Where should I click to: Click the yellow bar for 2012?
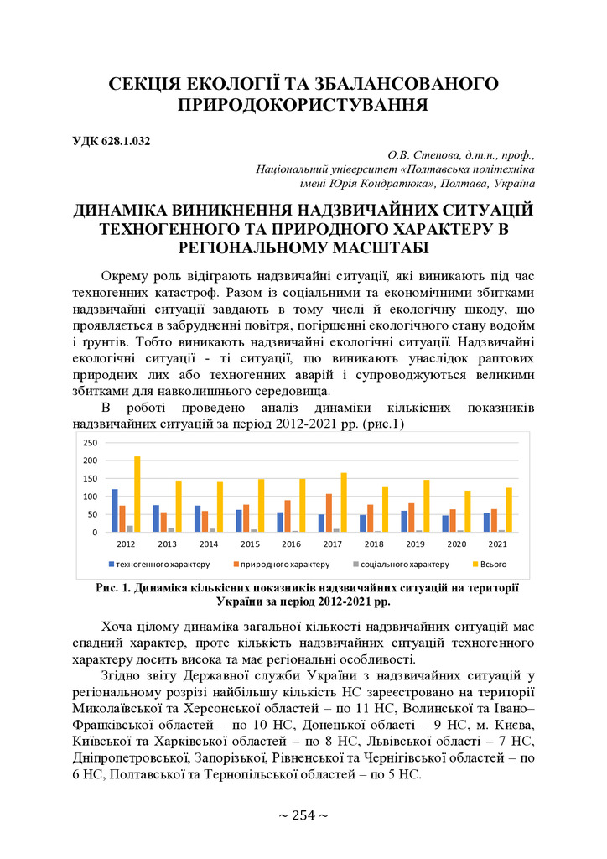tap(137, 494)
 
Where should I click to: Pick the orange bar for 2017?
tap(329, 513)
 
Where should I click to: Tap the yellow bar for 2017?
tap(345, 502)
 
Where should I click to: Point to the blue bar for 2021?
tap(486, 523)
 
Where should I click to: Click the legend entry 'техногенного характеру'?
tap(159, 564)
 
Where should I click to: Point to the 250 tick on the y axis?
tap(91, 443)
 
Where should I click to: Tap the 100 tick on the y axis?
tap(91, 497)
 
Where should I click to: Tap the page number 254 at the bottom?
tap(303, 815)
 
